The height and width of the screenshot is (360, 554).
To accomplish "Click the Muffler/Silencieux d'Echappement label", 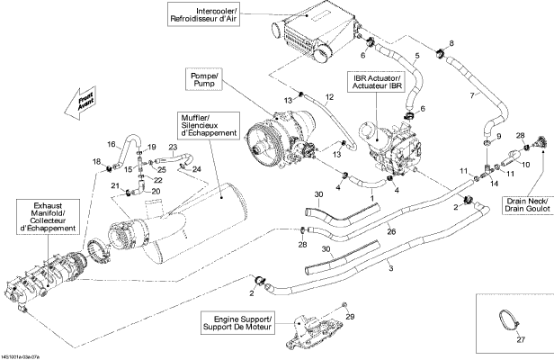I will [x=208, y=126].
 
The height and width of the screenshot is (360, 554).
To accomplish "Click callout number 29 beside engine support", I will [x=351, y=316].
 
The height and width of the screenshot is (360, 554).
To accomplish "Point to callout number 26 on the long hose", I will [x=390, y=232].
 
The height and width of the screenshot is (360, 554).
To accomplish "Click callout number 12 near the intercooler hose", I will [x=329, y=96].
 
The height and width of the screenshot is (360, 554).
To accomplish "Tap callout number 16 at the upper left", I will [x=112, y=144].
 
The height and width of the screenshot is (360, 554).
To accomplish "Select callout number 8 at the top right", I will [x=451, y=43].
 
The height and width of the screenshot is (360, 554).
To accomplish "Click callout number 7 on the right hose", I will [x=472, y=96].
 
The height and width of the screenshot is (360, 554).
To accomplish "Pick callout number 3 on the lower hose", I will [x=390, y=268].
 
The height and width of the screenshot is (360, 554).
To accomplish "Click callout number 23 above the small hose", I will [x=172, y=148].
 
